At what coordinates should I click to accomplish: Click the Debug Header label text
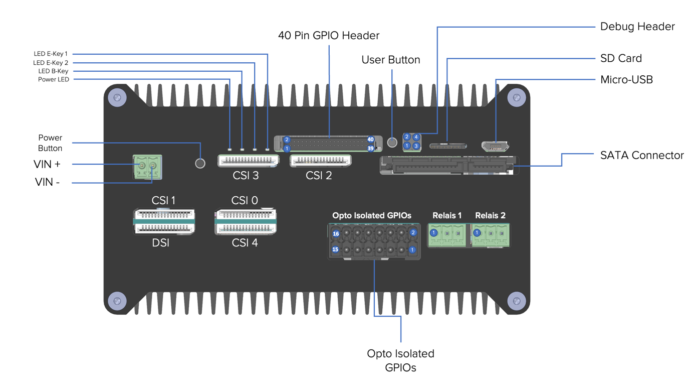pos(637,27)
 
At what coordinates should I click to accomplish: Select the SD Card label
pos(621,58)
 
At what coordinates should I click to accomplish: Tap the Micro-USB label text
pos(626,80)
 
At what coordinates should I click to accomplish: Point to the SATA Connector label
pos(642,155)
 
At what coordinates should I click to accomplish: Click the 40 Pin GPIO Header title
pos(329,36)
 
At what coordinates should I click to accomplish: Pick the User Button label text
pos(391,60)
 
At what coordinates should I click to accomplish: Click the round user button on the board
pos(392,143)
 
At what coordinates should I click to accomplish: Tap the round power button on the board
pos(200,163)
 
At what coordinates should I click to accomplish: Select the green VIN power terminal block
pos(148,167)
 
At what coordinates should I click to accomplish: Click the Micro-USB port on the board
pos(495,147)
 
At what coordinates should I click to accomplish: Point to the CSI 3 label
pos(246,176)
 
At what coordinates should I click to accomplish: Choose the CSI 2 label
pos(319,176)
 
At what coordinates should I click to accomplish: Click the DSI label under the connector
pos(161,243)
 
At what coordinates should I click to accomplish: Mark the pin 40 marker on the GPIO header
pos(370,140)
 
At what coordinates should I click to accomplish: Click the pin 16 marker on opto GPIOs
pos(336,234)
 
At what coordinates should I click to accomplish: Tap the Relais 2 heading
pos(490,215)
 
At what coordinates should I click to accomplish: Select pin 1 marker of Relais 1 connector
pos(434,233)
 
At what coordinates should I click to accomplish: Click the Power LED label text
pos(54,79)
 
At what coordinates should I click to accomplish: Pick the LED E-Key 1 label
pos(51,54)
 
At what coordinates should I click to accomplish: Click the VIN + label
pos(47,165)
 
